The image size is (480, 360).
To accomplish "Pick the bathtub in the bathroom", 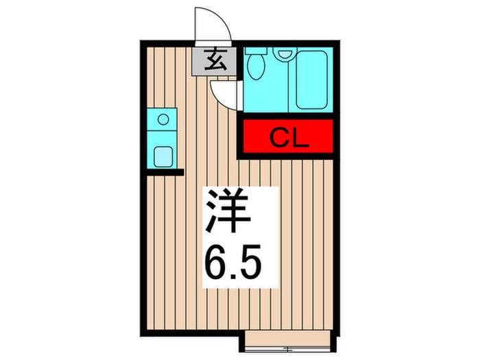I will click(313, 79).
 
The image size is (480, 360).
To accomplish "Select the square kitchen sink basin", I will click(163, 156).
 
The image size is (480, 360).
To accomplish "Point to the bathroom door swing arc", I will click(222, 95).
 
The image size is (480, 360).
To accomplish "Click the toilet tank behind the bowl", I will click(256, 51).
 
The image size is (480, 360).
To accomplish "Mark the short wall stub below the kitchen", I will click(165, 172).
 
